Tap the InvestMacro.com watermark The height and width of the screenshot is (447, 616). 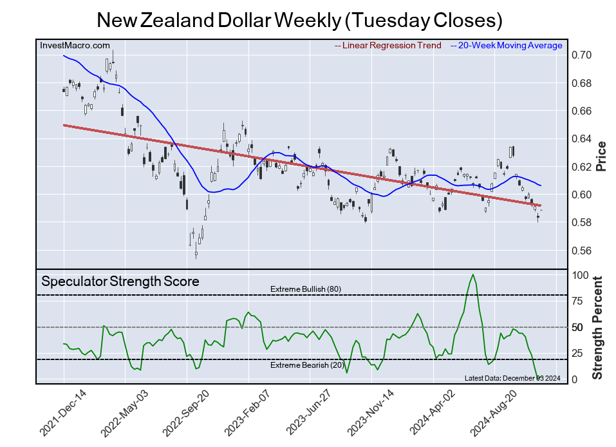[75, 45]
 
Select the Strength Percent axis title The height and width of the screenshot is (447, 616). [598, 327]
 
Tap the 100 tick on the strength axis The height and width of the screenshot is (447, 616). [580, 276]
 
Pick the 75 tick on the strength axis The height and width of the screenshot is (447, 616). [577, 301]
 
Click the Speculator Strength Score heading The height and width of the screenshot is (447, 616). [120, 281]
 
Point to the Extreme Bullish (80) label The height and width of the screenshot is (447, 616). [305, 289]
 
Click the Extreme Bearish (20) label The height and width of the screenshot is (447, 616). [305, 365]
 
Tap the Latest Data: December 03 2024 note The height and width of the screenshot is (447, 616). [512, 378]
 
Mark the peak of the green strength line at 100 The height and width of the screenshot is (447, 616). [473, 275]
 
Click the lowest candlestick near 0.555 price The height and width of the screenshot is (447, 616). [196, 254]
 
